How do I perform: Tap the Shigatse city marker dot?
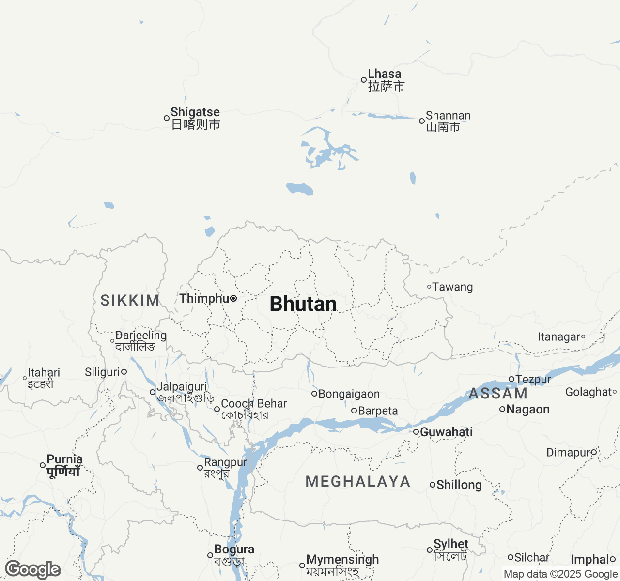(x=167, y=118)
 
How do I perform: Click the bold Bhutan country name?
(x=303, y=304)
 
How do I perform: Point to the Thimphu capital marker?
(x=233, y=298)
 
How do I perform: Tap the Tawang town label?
(x=452, y=287)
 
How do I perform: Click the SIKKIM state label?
(x=130, y=300)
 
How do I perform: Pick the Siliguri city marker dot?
(x=124, y=372)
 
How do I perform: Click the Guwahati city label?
(x=446, y=432)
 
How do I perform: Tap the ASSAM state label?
(x=498, y=394)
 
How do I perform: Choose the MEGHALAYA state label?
(x=358, y=481)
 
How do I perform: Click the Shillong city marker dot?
(x=433, y=485)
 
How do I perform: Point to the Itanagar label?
(x=558, y=337)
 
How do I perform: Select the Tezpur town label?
(x=533, y=380)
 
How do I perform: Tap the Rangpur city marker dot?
(x=200, y=468)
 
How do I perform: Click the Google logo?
(x=33, y=569)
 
